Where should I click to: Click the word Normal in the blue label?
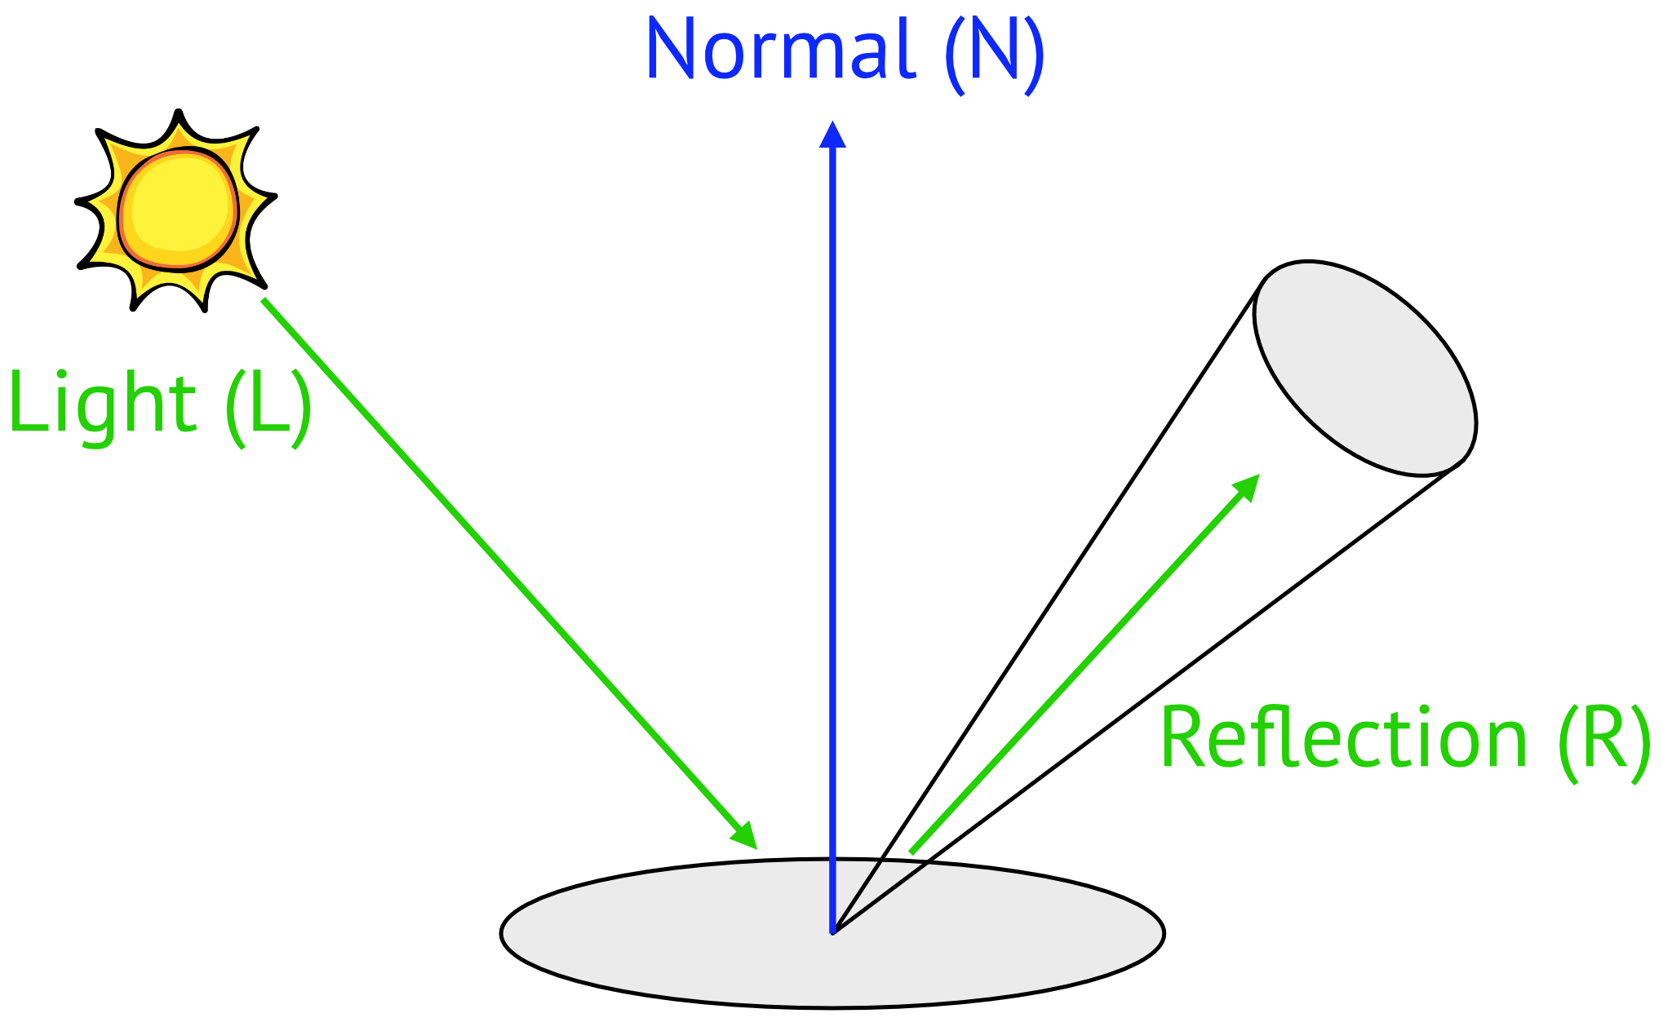tap(781, 49)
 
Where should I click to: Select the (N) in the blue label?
tap(995, 54)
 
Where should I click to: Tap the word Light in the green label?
tap(102, 405)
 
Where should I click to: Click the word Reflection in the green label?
tap(1343, 738)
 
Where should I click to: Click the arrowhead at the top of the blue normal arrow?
tap(832, 135)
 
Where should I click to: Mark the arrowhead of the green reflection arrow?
tap(1246, 488)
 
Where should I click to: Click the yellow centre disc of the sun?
tap(179, 210)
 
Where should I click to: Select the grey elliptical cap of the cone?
tap(1364, 368)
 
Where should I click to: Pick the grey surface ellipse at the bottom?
tap(832, 933)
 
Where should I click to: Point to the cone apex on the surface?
tap(833, 931)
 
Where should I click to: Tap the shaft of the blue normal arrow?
tap(832, 538)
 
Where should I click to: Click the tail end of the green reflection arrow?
tap(911, 852)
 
